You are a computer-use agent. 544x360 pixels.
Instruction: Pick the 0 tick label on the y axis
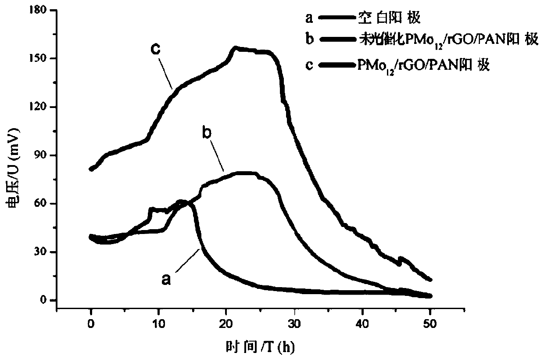(x=44, y=300)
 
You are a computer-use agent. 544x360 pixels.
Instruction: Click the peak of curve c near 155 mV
(x=236, y=47)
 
